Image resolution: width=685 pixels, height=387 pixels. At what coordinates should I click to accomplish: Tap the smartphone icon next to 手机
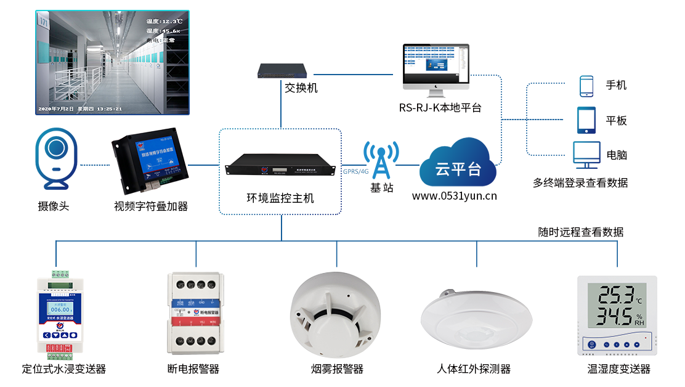586,86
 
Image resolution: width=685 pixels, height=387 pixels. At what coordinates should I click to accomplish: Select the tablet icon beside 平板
586,121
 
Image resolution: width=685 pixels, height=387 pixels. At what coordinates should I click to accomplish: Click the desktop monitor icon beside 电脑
586,155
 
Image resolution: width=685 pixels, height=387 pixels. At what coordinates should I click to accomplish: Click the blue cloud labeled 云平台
458,165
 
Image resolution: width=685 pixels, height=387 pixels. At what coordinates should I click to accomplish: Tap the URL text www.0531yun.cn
455,197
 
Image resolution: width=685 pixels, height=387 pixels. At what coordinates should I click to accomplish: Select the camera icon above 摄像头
57,157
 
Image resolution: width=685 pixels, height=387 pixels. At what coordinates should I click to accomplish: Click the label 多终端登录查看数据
580,182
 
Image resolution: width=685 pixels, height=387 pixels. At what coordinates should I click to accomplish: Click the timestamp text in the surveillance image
79,109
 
